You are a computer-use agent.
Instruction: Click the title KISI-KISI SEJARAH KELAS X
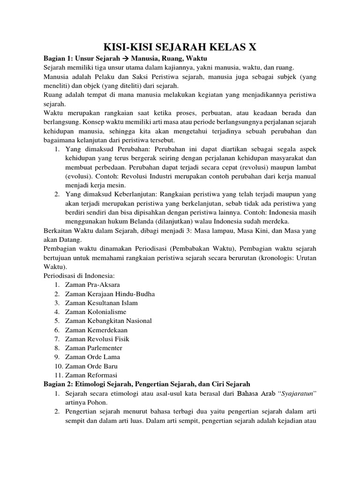point(180,46)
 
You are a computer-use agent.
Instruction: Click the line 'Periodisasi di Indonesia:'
point(79,275)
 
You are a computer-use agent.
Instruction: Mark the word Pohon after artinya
point(100,402)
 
